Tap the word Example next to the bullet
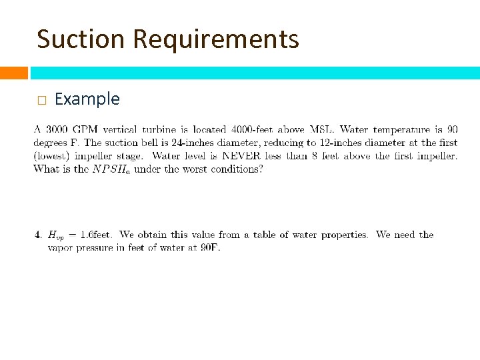tap(87, 99)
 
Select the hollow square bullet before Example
tap(41, 101)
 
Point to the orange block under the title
tap(13, 73)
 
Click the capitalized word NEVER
tap(244, 156)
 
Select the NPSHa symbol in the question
tap(109, 169)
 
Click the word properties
tap(344, 235)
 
